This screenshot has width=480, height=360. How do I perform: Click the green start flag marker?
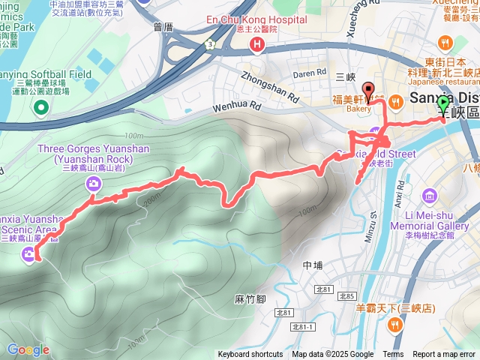pyautogui.click(x=443, y=105)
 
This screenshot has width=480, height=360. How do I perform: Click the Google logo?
pyautogui.click(x=28, y=349)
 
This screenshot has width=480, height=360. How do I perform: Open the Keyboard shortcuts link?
pyautogui.click(x=250, y=355)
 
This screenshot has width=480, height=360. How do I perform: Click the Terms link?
pyautogui.click(x=393, y=355)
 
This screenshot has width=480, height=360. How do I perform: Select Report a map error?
pyautogui.click(x=444, y=355)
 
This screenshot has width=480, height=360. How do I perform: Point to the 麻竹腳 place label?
pyautogui.click(x=250, y=298)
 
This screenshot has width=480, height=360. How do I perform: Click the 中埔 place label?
pyautogui.click(x=312, y=265)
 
